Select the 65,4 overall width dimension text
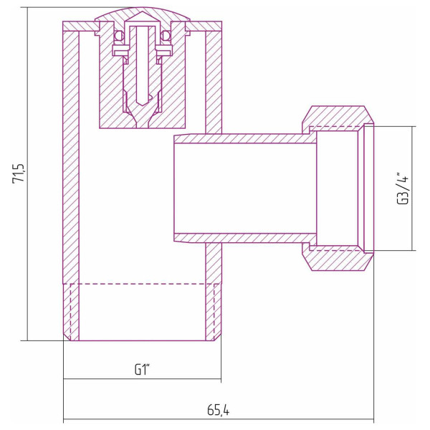click(x=219, y=410)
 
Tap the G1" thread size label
click(x=142, y=370)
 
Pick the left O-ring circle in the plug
click(x=115, y=35)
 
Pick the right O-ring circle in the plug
click(x=167, y=35)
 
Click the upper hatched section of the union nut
click(x=337, y=116)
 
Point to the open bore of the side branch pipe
click(x=244, y=188)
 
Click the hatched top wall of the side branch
click(x=244, y=138)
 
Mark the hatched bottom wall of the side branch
click(x=244, y=237)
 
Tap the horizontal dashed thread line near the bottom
click(x=142, y=285)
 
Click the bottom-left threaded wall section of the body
click(x=70, y=312)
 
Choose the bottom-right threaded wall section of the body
click(x=213, y=312)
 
